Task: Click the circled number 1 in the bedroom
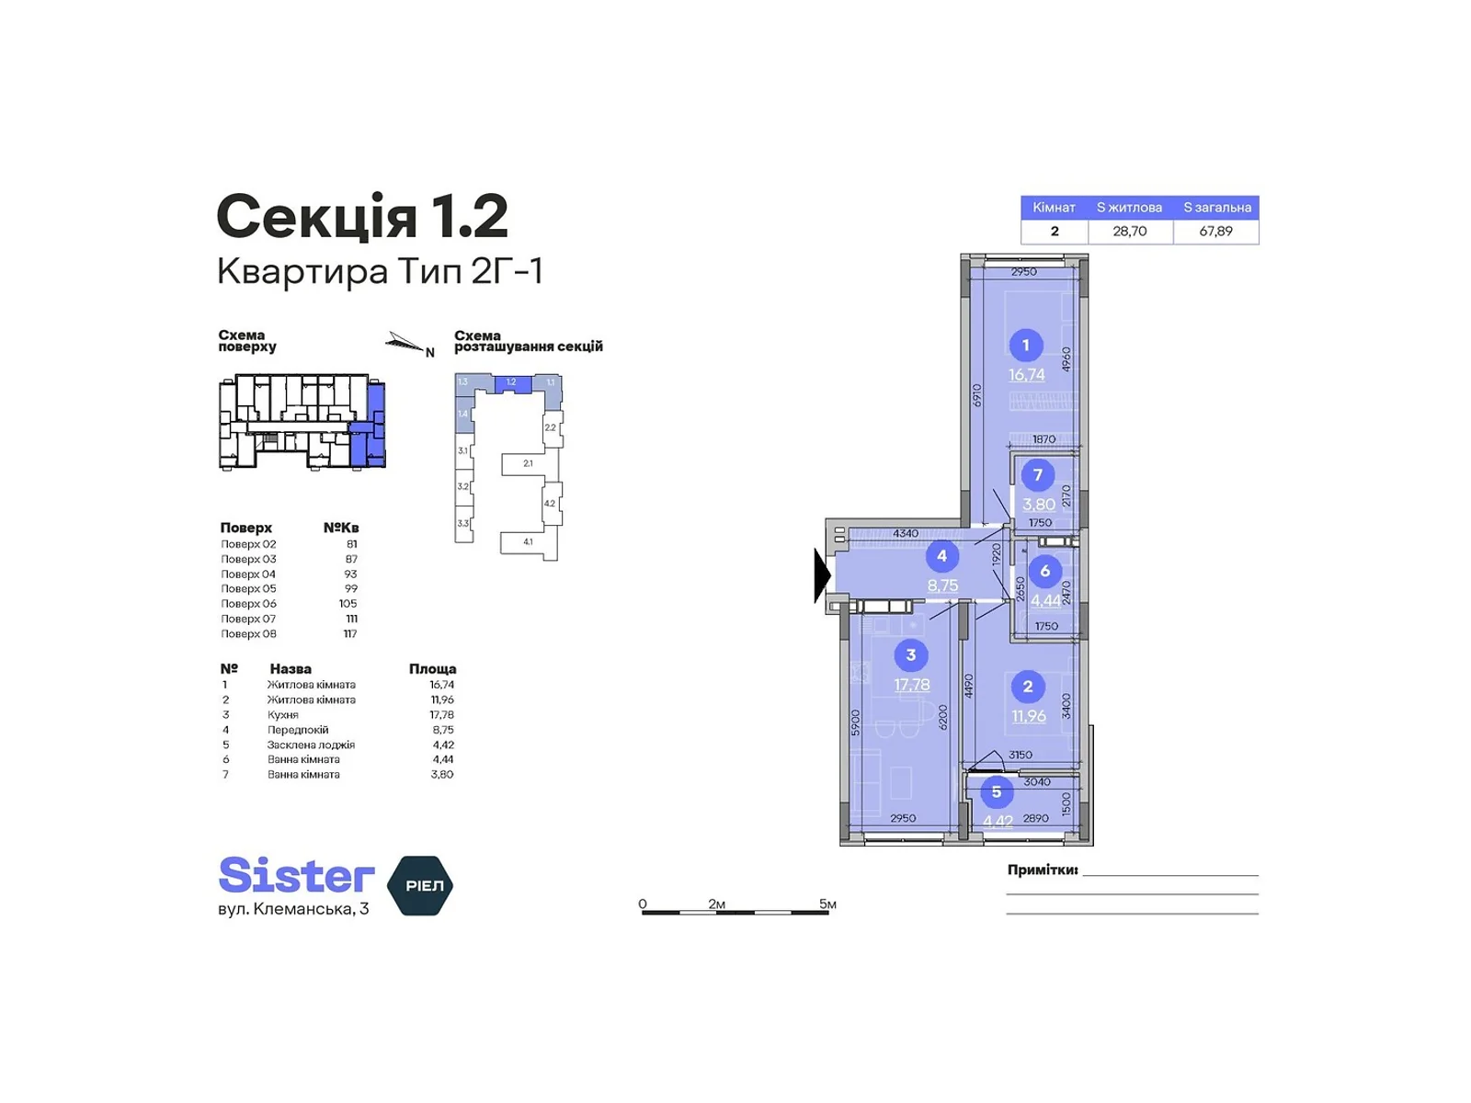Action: pyautogui.click(x=1025, y=345)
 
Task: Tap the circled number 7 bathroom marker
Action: pyautogui.click(x=1038, y=474)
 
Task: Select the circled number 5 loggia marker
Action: pyautogui.click(x=996, y=791)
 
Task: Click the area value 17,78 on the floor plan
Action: pyautogui.click(x=911, y=685)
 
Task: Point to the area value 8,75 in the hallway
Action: pyautogui.click(x=942, y=585)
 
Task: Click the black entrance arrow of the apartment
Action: pyautogui.click(x=821, y=575)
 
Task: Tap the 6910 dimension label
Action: pyautogui.click(x=977, y=395)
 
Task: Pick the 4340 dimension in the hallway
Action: pyautogui.click(x=905, y=533)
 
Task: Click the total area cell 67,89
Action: pyautogui.click(x=1215, y=232)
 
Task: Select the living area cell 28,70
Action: pyautogui.click(x=1129, y=232)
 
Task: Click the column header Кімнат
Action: pyautogui.click(x=1054, y=208)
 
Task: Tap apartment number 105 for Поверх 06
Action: pyautogui.click(x=348, y=604)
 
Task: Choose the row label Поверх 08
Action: pyautogui.click(x=248, y=634)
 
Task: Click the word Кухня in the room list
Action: pyautogui.click(x=283, y=715)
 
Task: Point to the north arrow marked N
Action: pyautogui.click(x=408, y=345)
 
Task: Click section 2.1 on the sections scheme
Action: pyautogui.click(x=527, y=463)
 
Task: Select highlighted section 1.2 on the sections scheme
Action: pyautogui.click(x=512, y=382)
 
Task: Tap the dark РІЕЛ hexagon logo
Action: pyautogui.click(x=421, y=885)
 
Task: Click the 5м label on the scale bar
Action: pyautogui.click(x=827, y=904)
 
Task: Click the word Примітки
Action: pyautogui.click(x=1042, y=870)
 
